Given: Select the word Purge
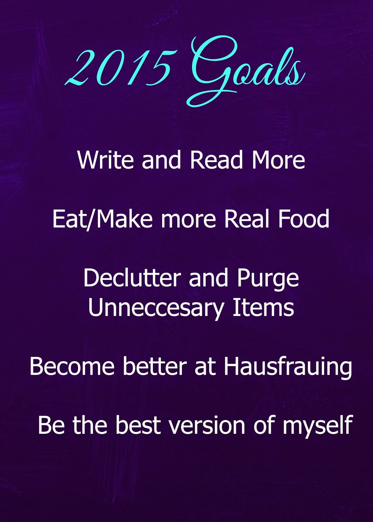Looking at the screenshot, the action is [268, 279].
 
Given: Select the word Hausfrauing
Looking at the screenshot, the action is [288, 367].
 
